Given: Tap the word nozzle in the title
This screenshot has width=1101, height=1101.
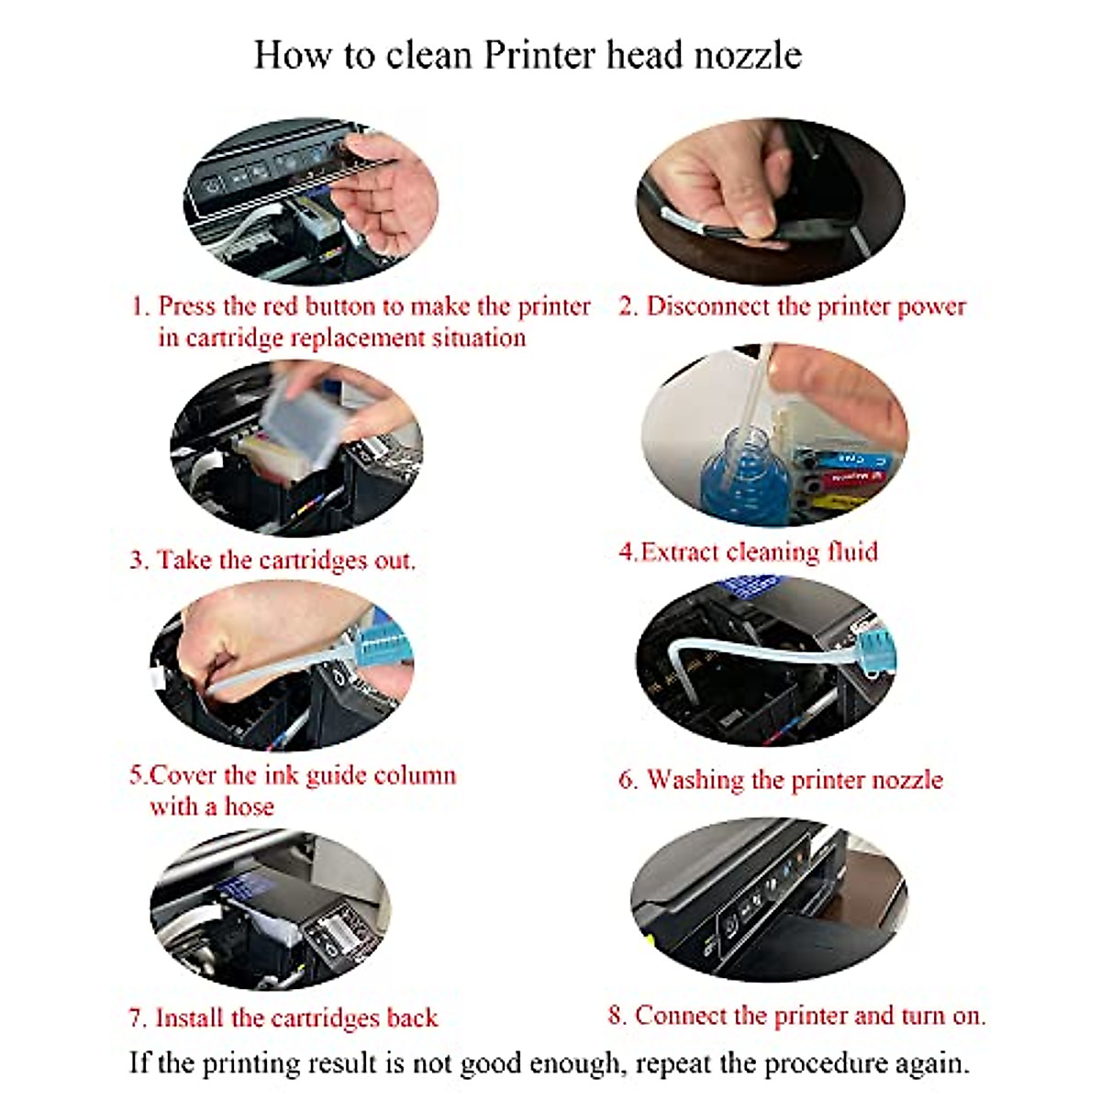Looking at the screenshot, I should [x=748, y=55].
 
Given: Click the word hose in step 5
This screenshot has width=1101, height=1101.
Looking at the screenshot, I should [x=250, y=806].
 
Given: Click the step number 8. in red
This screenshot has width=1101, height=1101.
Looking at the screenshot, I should [x=617, y=1016].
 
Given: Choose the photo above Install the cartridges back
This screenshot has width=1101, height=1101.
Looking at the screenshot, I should [x=270, y=909].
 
